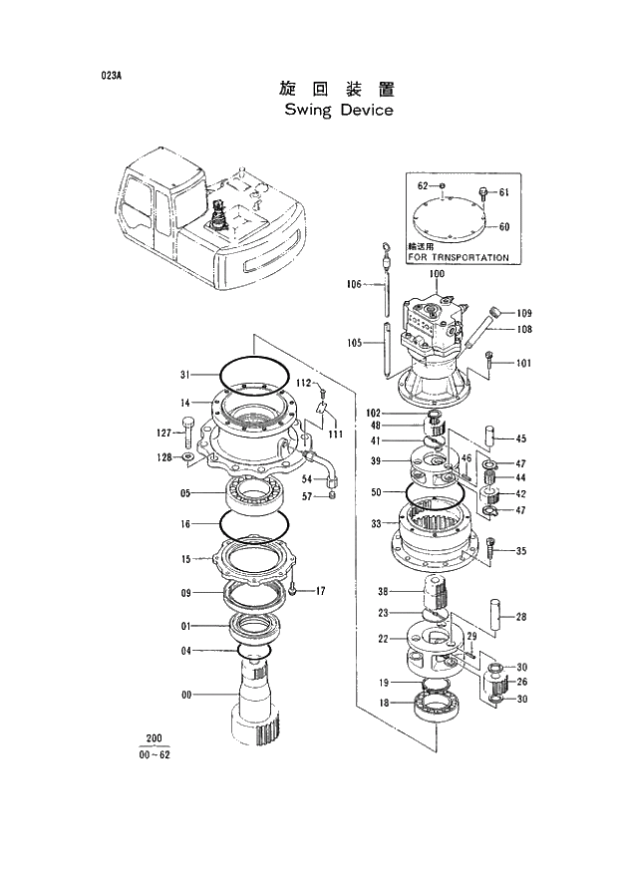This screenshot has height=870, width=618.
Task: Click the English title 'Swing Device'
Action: pyautogui.click(x=338, y=110)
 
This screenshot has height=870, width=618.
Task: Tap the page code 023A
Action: pyautogui.click(x=110, y=75)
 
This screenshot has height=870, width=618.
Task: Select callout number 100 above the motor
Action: pyautogui.click(x=437, y=274)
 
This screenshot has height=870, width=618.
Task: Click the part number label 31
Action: pyautogui.click(x=184, y=375)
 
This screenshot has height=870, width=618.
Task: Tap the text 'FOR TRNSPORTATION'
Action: pyautogui.click(x=458, y=257)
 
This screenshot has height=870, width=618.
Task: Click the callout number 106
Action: pyautogui.click(x=354, y=284)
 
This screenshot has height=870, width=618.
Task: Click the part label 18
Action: pyautogui.click(x=383, y=704)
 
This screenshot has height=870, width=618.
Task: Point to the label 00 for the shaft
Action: pyautogui.click(x=185, y=696)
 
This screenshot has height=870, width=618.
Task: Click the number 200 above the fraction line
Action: pyautogui.click(x=154, y=738)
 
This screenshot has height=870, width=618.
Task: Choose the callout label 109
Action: pyautogui.click(x=524, y=313)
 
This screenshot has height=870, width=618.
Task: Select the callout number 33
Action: pyautogui.click(x=376, y=523)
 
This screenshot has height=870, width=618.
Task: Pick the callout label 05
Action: pyautogui.click(x=185, y=492)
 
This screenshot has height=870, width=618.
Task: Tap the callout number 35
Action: pyautogui.click(x=520, y=551)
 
